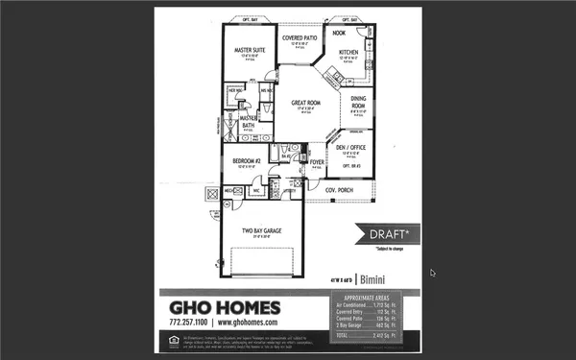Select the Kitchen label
[348, 53]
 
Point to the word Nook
[338, 33]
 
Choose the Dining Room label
[357, 102]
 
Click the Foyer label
[317, 163]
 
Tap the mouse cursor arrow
[432, 273]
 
